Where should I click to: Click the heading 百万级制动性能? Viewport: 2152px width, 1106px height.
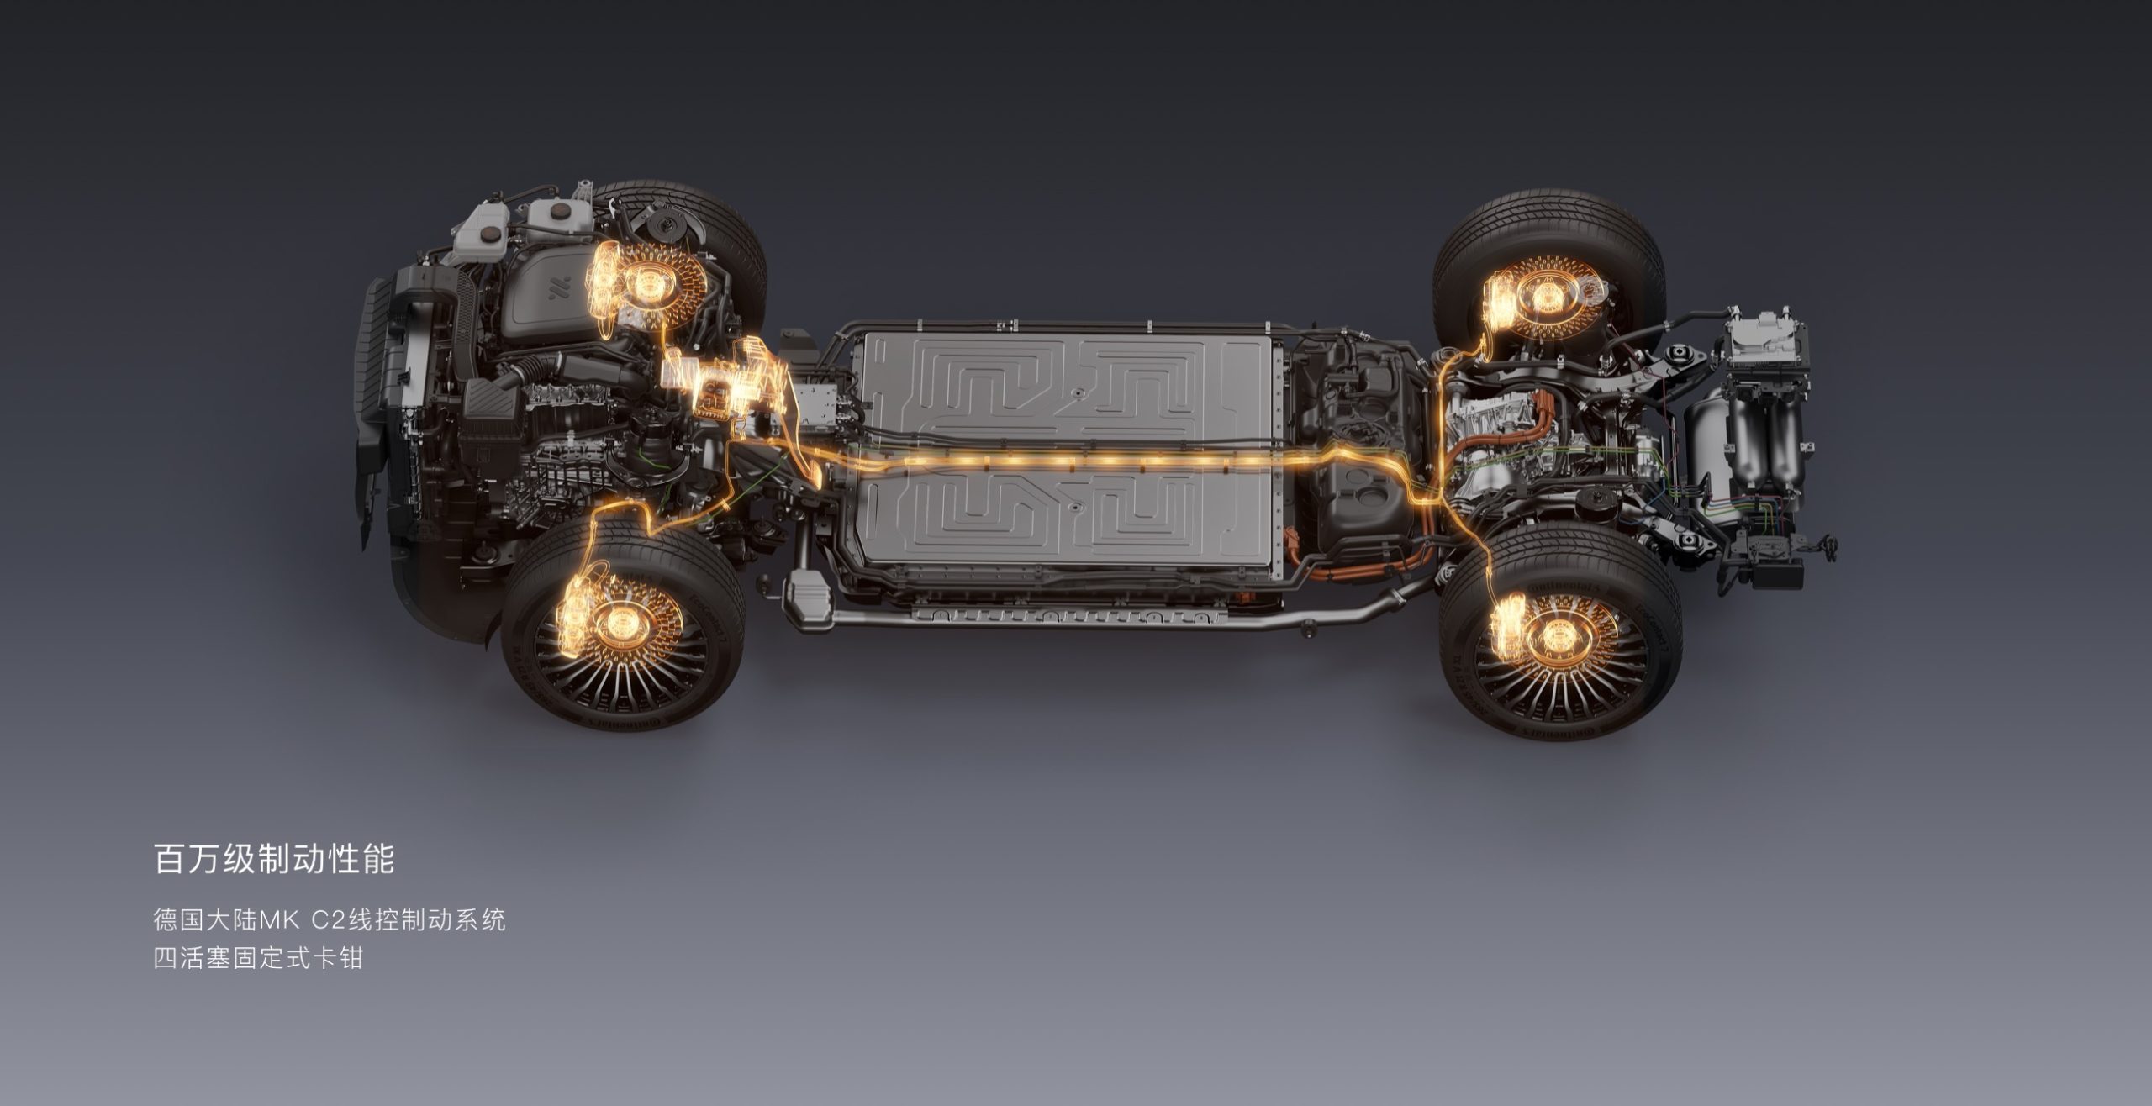(x=275, y=860)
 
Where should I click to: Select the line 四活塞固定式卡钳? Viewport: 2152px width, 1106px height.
(x=258, y=958)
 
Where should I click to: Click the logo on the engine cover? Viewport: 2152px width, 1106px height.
(x=560, y=288)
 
